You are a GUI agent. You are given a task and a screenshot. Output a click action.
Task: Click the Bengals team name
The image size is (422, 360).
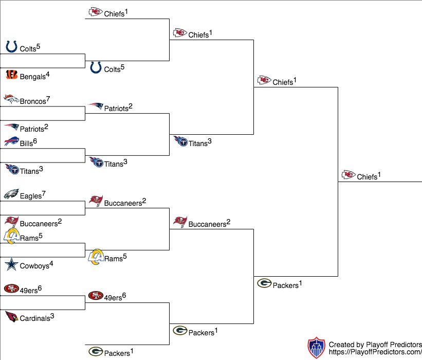32,77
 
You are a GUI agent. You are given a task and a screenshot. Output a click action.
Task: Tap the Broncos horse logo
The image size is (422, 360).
11,99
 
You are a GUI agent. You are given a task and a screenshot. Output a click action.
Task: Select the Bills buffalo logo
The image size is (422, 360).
12,141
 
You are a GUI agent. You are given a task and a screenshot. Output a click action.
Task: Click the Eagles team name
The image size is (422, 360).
31,196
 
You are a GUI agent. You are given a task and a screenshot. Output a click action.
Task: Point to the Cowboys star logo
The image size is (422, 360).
12,264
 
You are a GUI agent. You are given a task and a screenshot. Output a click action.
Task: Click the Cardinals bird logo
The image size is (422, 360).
12,317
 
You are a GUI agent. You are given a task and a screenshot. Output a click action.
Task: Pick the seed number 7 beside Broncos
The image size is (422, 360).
48,99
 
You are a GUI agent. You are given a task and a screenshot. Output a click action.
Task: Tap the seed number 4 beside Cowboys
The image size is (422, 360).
51,263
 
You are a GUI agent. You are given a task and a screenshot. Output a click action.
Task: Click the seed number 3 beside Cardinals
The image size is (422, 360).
52,316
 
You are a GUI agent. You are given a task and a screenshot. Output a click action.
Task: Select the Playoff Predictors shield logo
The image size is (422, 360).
317,348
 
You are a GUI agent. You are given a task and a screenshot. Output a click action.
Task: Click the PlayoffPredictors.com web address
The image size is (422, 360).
375,352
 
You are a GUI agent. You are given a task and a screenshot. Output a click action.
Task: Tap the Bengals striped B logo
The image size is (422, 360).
12,75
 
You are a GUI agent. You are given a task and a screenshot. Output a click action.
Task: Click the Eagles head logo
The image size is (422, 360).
11,194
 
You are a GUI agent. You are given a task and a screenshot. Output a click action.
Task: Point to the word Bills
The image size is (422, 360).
26,143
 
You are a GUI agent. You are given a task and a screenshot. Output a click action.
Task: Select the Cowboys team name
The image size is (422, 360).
34,266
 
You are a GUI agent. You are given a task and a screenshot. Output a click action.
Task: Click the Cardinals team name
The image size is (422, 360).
35,318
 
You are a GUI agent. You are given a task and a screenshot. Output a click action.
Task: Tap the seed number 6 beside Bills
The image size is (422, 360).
35,141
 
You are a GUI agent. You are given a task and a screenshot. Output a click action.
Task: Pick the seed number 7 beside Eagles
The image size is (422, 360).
44,193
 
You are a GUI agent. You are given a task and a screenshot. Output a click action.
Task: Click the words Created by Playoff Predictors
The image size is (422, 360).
375,345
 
